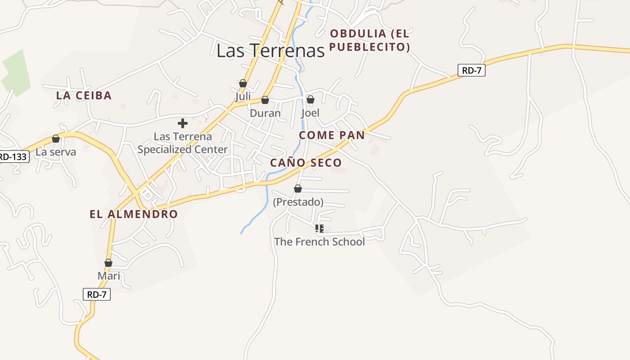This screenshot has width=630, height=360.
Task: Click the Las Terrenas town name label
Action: pyautogui.click(x=270, y=50)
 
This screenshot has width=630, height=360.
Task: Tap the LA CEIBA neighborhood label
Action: pyautogui.click(x=84, y=95)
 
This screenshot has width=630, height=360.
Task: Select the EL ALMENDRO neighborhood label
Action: pyautogui.click(x=134, y=214)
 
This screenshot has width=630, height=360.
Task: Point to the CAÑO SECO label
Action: pyautogui.click(x=306, y=163)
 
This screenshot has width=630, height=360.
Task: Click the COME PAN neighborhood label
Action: pyautogui.click(x=332, y=135)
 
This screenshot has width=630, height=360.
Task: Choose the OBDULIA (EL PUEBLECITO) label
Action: pyautogui.click(x=370, y=40)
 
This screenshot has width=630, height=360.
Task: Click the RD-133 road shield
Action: pyautogui.click(x=13, y=157)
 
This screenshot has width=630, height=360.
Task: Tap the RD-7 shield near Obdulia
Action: pyautogui.click(x=472, y=70)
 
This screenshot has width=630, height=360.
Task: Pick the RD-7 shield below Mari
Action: pyautogui.click(x=97, y=295)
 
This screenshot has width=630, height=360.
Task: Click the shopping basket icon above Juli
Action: pyautogui.click(x=243, y=83)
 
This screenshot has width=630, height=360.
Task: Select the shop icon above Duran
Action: pyautogui.click(x=265, y=100)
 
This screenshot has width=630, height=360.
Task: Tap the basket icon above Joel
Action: pyautogui.click(x=310, y=99)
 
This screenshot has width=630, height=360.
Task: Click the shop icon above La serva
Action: pyautogui.click(x=56, y=139)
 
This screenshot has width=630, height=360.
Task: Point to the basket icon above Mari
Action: pyautogui.click(x=108, y=263)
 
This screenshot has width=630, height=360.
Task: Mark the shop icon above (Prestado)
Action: pyautogui.click(x=298, y=189)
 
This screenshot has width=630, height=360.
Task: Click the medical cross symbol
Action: pyautogui.click(x=183, y=123)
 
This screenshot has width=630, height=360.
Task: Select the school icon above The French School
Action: pyautogui.click(x=319, y=229)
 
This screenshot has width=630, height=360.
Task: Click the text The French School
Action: pyautogui.click(x=319, y=242)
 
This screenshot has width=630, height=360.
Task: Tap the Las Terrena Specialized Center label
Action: pyautogui.click(x=183, y=143)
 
